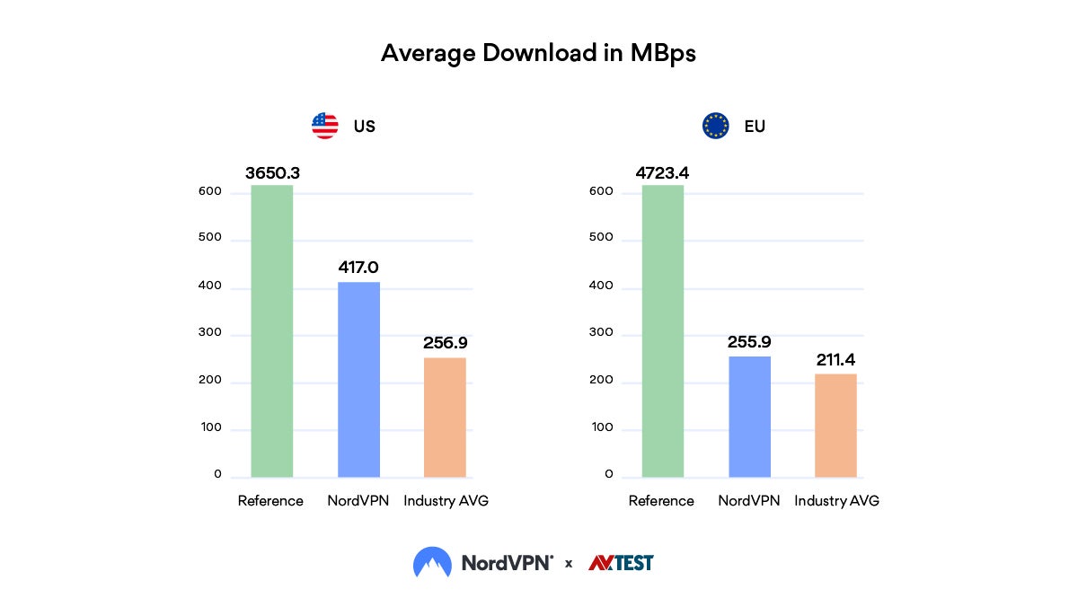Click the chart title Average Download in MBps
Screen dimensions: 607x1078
(538, 53)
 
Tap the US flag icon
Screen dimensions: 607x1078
(325, 126)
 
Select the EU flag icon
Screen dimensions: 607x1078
(716, 126)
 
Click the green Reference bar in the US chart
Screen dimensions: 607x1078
(271, 332)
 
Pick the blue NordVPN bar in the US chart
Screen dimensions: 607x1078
(358, 379)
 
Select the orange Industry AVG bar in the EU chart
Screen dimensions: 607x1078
(835, 425)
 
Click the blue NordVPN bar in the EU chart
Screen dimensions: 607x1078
(749, 417)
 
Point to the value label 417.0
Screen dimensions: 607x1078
(358, 268)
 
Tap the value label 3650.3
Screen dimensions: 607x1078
(271, 172)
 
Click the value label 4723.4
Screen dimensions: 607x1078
(662, 172)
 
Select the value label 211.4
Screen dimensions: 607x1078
(835, 360)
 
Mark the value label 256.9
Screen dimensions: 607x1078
(445, 343)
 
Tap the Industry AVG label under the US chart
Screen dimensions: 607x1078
(446, 501)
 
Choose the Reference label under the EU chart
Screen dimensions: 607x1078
(662, 501)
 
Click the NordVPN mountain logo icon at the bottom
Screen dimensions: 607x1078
(432, 563)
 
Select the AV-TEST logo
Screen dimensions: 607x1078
(621, 563)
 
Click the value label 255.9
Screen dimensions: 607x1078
(749, 342)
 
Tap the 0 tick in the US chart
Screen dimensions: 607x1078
(216, 474)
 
